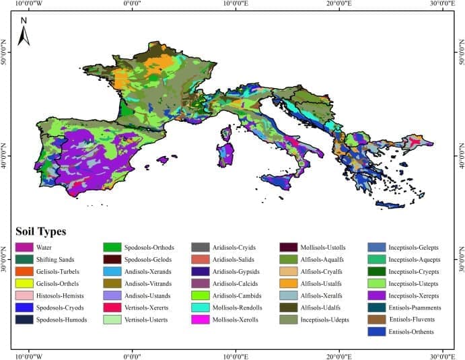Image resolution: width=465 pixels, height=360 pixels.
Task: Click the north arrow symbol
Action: pos(24,32)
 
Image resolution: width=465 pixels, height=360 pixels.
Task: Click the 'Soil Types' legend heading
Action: pos(40,232)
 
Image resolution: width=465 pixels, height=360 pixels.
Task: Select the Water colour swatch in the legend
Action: pos(26,248)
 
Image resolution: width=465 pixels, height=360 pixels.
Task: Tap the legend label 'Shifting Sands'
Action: pos(74,260)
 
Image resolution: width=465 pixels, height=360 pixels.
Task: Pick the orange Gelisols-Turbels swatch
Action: pos(26,271)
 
